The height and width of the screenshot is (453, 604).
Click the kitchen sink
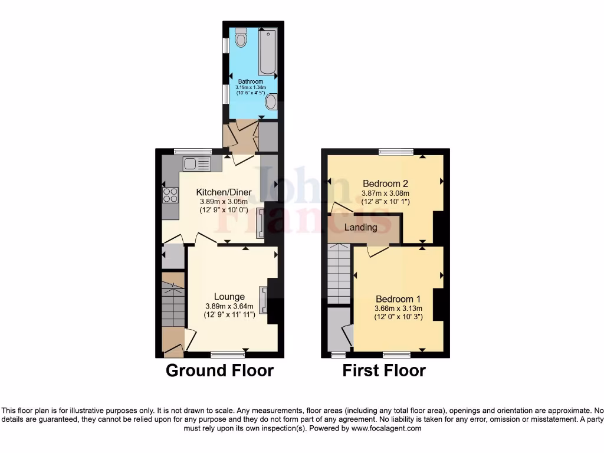(196, 163)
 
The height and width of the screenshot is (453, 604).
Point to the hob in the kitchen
(170, 194)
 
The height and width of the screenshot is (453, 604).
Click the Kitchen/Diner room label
(224, 192)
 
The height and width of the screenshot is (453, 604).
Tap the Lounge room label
(229, 297)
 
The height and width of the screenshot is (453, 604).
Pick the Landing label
(360, 227)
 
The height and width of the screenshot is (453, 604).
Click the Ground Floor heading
(219, 370)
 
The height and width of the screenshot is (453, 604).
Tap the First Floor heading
(384, 370)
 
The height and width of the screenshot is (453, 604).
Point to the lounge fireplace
(263, 300)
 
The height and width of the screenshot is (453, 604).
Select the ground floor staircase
(173, 304)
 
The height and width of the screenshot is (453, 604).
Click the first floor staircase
(339, 274)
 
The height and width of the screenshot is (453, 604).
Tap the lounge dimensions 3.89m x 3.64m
(229, 306)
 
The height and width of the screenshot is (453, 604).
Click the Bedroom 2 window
(396, 152)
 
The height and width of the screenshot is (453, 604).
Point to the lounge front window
(228, 354)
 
